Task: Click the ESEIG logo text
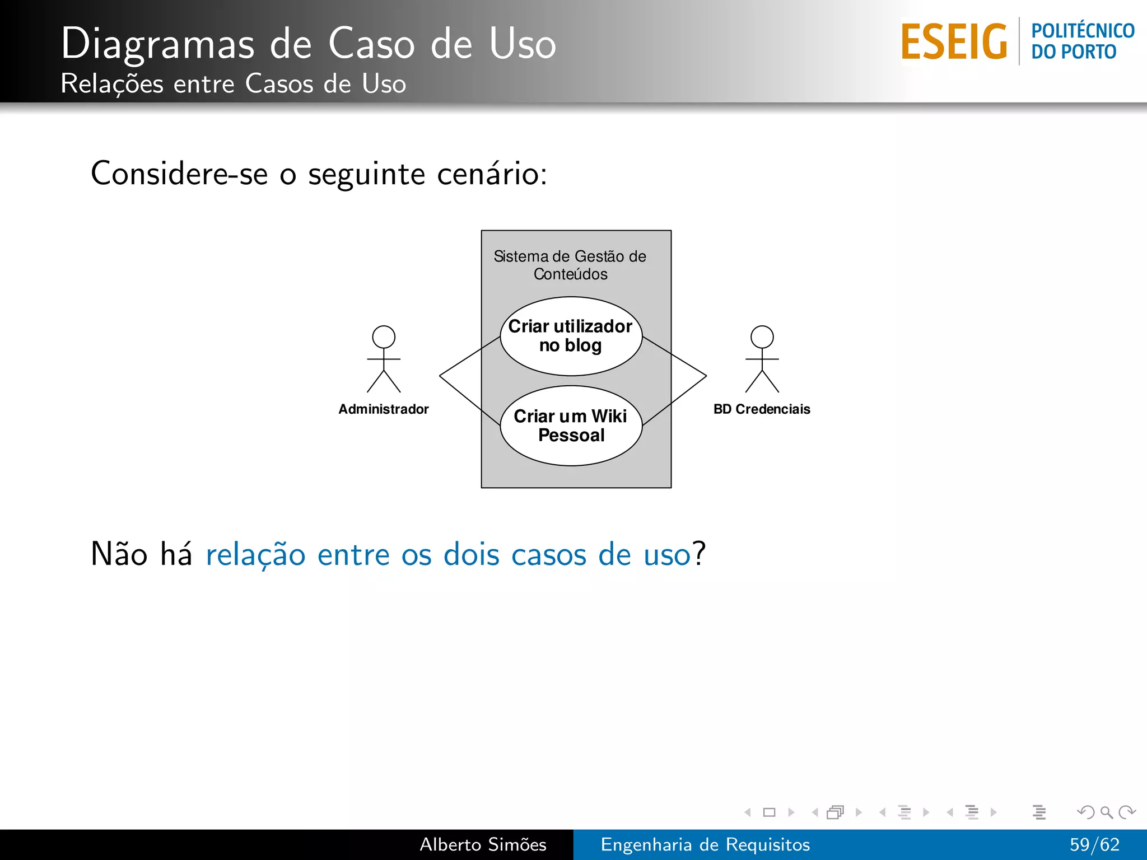point(954,41)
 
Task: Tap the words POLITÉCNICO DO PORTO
point(1081,41)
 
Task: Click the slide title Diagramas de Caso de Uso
point(308,43)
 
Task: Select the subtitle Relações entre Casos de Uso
point(233,84)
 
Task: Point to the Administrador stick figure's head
point(384,337)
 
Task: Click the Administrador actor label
point(384,409)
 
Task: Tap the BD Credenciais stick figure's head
point(762,337)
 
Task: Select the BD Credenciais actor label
point(762,409)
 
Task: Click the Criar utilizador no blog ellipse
point(571,336)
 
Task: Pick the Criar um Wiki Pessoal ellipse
point(571,426)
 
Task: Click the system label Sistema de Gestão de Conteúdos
point(570,265)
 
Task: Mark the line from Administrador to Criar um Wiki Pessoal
point(469,400)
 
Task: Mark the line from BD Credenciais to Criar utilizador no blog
point(675,356)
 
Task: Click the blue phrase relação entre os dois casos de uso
point(448,555)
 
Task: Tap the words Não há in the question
point(141,555)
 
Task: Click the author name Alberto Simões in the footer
point(483,844)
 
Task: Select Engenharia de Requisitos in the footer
point(705,844)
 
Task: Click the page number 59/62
point(1094,844)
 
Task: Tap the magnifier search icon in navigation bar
point(1106,812)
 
